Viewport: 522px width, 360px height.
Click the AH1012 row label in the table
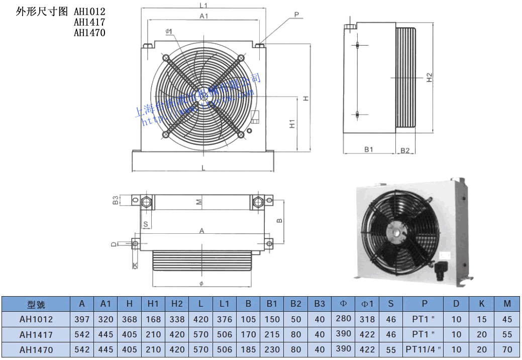pyautogui.click(x=36, y=319)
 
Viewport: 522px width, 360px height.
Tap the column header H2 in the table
pyautogui.click(x=177, y=304)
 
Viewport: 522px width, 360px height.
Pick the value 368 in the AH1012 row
pyautogui.click(x=130, y=319)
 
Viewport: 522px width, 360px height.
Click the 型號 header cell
pyautogui.click(x=36, y=304)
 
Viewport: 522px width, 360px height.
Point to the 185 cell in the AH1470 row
pyautogui.click(x=249, y=349)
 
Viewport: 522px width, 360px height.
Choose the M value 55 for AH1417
pyautogui.click(x=506, y=334)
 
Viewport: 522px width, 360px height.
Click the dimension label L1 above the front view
pyautogui.click(x=203, y=6)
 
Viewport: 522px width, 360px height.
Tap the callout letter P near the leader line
pyautogui.click(x=297, y=15)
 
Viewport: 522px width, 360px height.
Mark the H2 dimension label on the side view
pyautogui.click(x=429, y=77)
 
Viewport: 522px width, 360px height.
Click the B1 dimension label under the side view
pyautogui.click(x=369, y=149)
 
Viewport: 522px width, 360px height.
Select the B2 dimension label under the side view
pyautogui.click(x=405, y=149)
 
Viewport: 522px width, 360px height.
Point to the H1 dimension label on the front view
pyautogui.click(x=292, y=123)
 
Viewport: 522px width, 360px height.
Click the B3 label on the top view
pyautogui.click(x=116, y=200)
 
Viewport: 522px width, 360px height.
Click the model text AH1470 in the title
pyautogui.click(x=89, y=33)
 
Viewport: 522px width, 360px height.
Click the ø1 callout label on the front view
pyautogui.click(x=168, y=32)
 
